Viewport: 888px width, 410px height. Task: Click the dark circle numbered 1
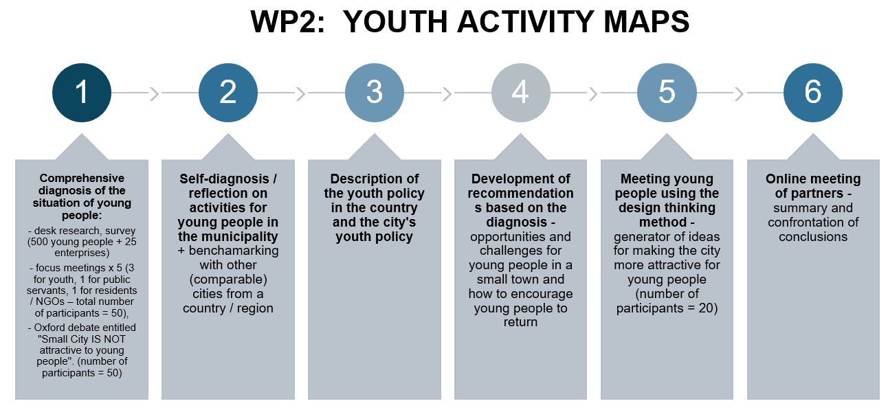[82, 93]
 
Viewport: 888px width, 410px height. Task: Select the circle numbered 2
[228, 93]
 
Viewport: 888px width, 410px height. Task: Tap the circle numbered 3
[374, 93]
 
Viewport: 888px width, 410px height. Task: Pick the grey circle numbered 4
[520, 93]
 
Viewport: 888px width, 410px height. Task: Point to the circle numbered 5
[667, 93]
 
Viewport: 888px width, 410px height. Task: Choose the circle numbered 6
[813, 93]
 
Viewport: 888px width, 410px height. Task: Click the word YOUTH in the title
[395, 21]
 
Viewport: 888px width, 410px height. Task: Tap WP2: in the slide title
[288, 21]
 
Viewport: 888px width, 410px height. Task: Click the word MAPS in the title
[646, 21]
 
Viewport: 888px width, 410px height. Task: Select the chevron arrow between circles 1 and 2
[155, 94]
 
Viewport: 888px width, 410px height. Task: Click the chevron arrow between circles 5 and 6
[740, 94]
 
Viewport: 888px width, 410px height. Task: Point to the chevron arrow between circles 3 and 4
[447, 94]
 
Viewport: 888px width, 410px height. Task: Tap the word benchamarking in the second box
[234, 251]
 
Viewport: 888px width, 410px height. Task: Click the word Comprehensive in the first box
[82, 179]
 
